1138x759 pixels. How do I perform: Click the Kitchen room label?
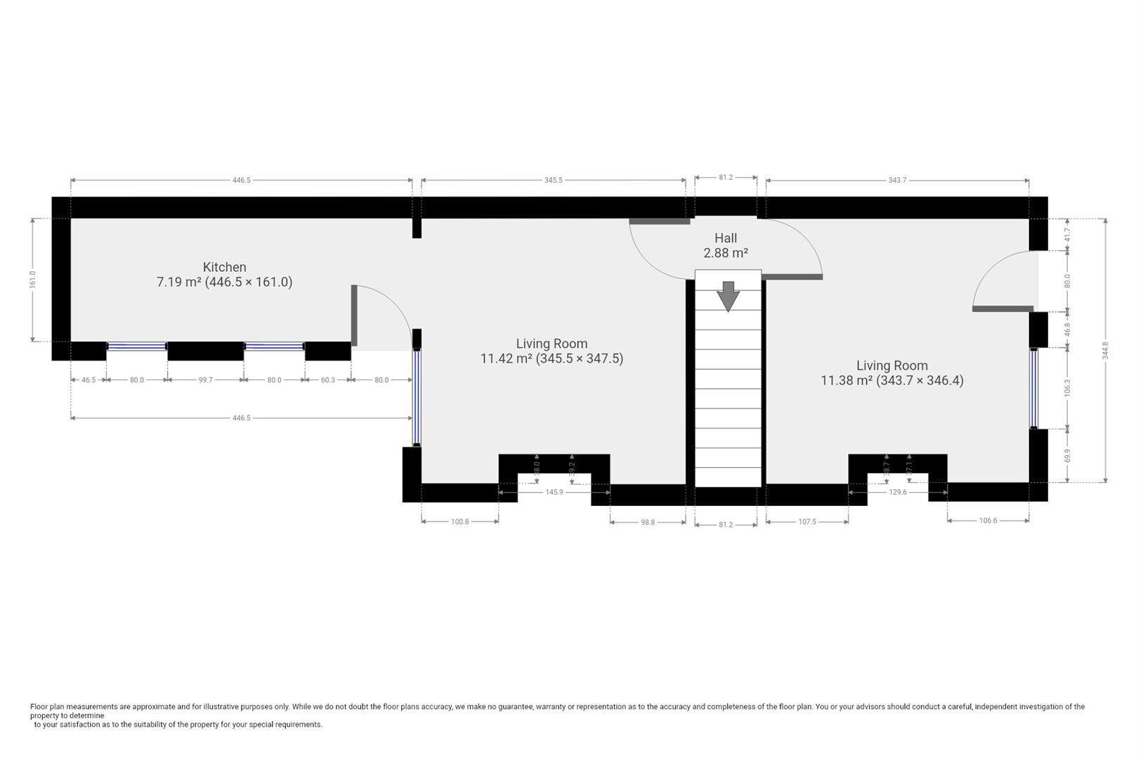pyautogui.click(x=224, y=267)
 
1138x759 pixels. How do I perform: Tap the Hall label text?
pyautogui.click(x=726, y=238)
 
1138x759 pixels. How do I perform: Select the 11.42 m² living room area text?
pyautogui.click(x=551, y=358)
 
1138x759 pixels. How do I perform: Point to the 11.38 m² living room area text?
pyautogui.click(x=892, y=380)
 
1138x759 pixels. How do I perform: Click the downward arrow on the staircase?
pyautogui.click(x=728, y=296)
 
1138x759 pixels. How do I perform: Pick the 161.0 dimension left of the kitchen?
pyautogui.click(x=32, y=280)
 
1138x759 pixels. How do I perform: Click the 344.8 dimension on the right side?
pyautogui.click(x=1105, y=349)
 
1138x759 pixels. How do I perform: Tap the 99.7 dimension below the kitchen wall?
pyautogui.click(x=205, y=380)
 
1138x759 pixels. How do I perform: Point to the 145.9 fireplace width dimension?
pyautogui.click(x=554, y=493)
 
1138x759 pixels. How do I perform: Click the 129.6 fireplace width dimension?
pyautogui.click(x=898, y=493)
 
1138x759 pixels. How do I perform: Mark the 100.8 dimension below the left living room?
pyautogui.click(x=459, y=522)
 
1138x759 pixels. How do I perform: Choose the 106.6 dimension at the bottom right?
pyautogui.click(x=988, y=521)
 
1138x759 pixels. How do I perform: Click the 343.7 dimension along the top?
pyautogui.click(x=897, y=181)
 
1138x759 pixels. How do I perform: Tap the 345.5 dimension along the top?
pyautogui.click(x=553, y=181)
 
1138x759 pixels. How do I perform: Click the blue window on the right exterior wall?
pyautogui.click(x=1033, y=388)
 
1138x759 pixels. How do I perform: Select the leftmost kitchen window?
pyautogui.click(x=137, y=346)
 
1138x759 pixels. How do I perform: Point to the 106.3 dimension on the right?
pyautogui.click(x=1067, y=387)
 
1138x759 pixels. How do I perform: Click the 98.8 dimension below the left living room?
pyautogui.click(x=648, y=522)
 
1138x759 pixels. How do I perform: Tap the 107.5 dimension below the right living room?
pyautogui.click(x=807, y=522)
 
